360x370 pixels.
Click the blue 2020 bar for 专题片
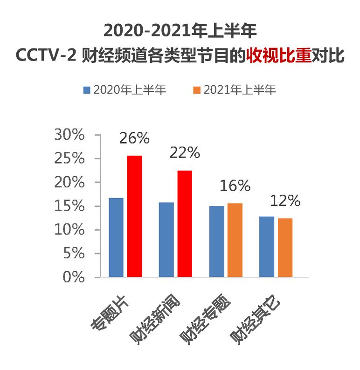pos(116,238)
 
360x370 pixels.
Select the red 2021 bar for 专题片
pos(135,217)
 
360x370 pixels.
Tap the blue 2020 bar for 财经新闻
pos(166,240)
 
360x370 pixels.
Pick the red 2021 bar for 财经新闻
pos(185,224)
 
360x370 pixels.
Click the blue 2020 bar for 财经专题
pos(216,241)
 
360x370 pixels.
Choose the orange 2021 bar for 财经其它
pos(284,247)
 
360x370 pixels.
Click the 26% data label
pos(134,138)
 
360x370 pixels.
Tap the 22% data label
pos(185,153)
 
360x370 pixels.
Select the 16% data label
pos(235,186)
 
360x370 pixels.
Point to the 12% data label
pos(284,201)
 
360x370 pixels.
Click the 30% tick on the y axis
pos(69,135)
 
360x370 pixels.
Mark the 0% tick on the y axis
pos(75,277)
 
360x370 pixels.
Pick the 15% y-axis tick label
pos(69,206)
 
